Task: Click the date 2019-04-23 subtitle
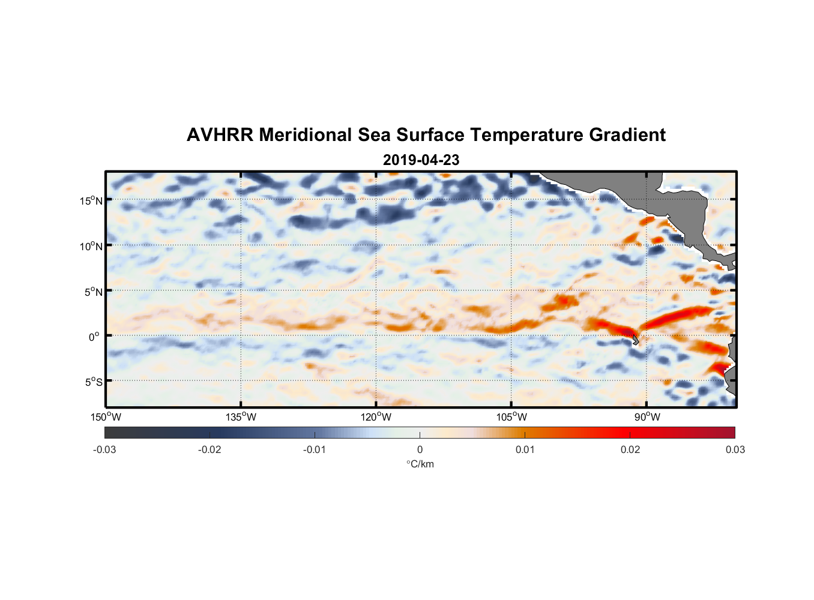click(421, 160)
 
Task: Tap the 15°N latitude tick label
click(91, 200)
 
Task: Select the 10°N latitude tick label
click(91, 246)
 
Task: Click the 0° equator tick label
click(94, 337)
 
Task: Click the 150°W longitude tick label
click(106, 417)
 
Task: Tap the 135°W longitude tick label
click(241, 417)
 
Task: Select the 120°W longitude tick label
click(376, 417)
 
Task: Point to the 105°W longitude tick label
click(511, 417)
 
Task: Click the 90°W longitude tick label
click(647, 417)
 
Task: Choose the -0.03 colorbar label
click(104, 449)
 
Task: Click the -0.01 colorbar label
click(315, 449)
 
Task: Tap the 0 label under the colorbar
click(420, 449)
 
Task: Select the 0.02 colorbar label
click(630, 449)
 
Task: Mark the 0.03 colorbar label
click(735, 449)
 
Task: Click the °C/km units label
click(420, 464)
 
